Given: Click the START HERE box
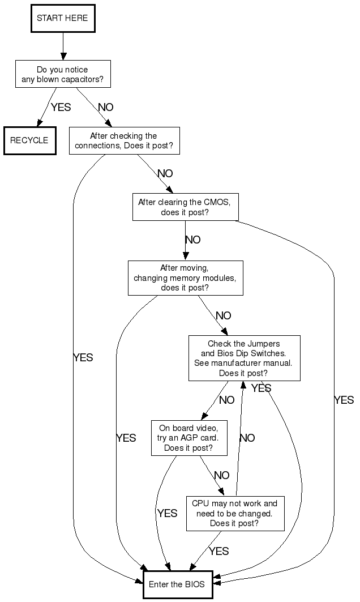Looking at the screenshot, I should (x=62, y=18).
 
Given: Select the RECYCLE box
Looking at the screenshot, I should (x=29, y=140).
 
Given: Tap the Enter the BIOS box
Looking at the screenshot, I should (x=178, y=584).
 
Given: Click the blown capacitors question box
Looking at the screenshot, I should (x=62, y=74).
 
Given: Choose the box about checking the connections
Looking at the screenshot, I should (x=124, y=140).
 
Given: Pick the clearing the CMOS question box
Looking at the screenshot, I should (x=185, y=207).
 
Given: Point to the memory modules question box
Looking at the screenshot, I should (x=185, y=277).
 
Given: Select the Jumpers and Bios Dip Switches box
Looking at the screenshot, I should (x=244, y=358).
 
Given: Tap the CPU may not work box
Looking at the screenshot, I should (x=235, y=514).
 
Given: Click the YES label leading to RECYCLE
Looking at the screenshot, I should (x=61, y=107).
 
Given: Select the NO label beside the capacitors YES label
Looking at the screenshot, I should (x=106, y=107).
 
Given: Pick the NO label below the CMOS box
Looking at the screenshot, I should (x=193, y=240).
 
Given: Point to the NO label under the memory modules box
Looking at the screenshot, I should (x=224, y=316).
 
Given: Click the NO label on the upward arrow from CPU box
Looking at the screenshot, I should (x=247, y=438).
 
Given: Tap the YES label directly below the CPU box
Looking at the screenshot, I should (x=218, y=551).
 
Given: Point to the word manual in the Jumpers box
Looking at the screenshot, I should (x=279, y=363).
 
